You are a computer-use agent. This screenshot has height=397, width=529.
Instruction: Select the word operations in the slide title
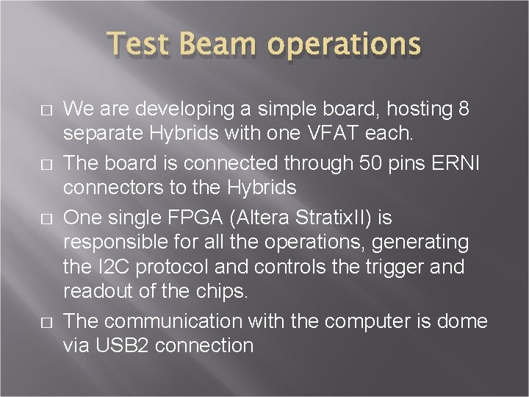click(x=344, y=46)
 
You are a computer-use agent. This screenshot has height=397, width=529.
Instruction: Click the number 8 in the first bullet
click(x=463, y=109)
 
